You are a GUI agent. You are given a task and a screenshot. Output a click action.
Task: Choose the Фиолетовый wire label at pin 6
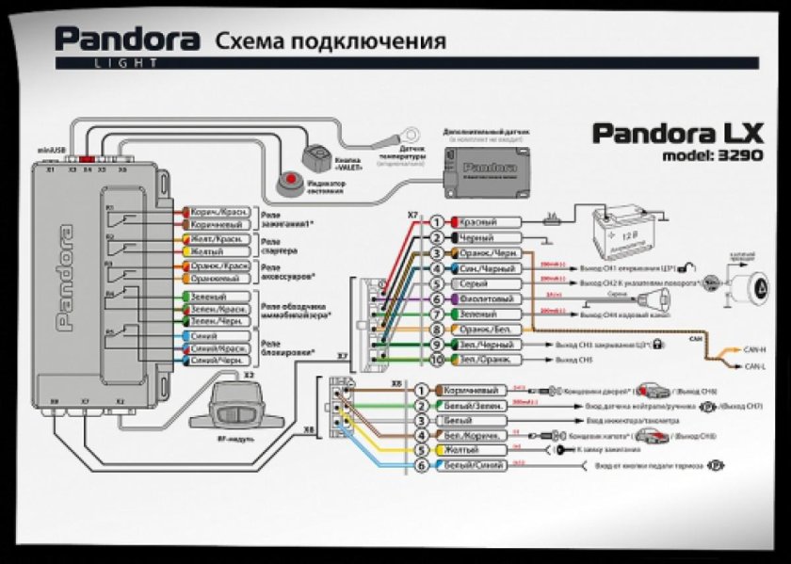click(x=484, y=299)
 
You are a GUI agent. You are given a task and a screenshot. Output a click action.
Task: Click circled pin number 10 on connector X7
click(x=437, y=360)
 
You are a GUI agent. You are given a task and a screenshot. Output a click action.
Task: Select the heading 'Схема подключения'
click(x=330, y=40)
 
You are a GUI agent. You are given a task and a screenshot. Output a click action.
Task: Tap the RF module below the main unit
click(x=236, y=400)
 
